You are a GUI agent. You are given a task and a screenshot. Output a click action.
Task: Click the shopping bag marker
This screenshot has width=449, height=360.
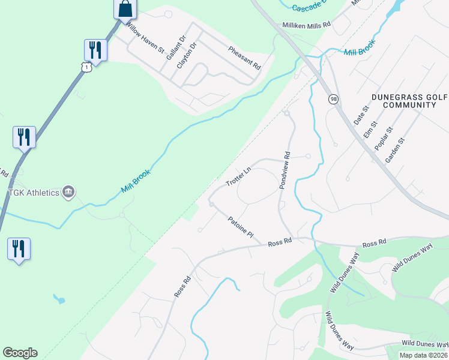[125, 10]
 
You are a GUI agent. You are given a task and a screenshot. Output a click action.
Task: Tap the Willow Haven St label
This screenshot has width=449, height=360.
[145, 39]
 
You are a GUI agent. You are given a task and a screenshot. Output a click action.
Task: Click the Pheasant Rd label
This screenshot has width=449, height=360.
[244, 57]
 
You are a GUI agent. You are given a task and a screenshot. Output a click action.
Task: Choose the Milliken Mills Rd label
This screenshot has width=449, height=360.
[307, 25]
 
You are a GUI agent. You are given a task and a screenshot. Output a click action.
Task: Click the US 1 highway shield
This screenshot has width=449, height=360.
[87, 67]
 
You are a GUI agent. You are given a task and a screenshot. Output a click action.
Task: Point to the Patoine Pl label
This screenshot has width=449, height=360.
[241, 228]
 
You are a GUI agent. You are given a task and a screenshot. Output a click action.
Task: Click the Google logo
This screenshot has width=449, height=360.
[20, 353]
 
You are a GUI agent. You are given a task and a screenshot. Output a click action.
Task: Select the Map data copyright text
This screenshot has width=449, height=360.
[423, 355]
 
